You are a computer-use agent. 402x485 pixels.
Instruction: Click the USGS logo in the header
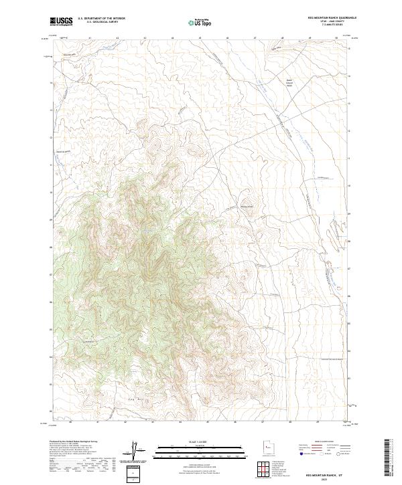pyautogui.click(x=61, y=21)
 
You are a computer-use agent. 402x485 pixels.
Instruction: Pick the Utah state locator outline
pyautogui.click(x=264, y=448)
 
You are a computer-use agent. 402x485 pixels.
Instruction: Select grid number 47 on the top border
pyautogui.click(x=255, y=38)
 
